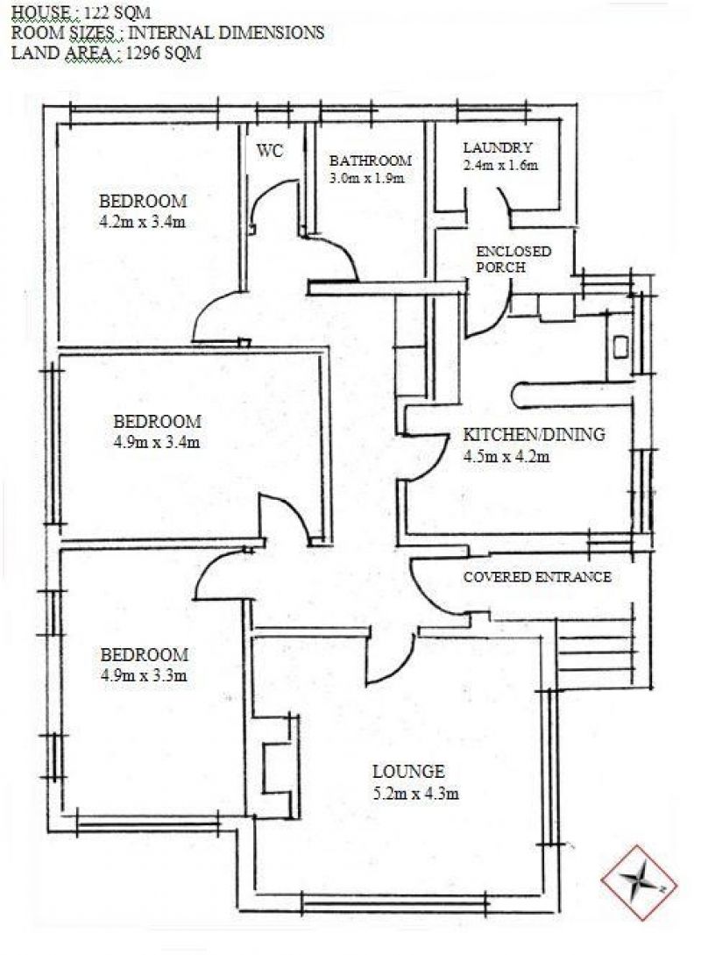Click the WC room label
(270, 151)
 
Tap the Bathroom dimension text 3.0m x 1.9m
(367, 178)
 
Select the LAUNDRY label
(498, 147)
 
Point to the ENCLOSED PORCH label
(513, 260)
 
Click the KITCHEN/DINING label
(535, 434)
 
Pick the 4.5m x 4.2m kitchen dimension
(506, 456)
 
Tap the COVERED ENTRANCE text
(537, 577)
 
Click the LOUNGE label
(409, 772)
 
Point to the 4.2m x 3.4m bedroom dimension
(142, 222)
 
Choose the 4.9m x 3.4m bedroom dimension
(156, 442)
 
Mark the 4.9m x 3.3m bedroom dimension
(144, 675)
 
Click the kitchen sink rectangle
(620, 347)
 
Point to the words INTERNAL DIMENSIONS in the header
(226, 32)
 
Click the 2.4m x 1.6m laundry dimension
(501, 165)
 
